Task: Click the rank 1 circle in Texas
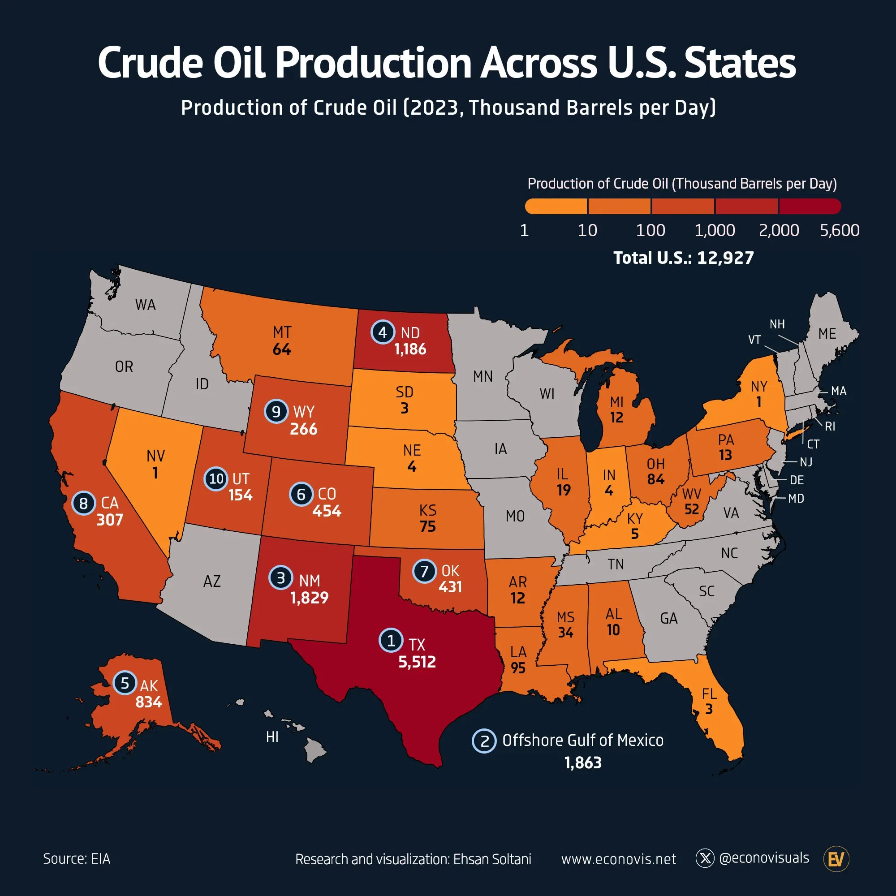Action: coord(391,641)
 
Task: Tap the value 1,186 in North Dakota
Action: coord(410,349)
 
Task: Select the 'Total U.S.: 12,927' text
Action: coord(683,258)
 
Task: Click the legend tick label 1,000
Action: coord(714,230)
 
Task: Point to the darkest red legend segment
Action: coord(809,207)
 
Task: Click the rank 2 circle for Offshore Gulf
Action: coord(484,741)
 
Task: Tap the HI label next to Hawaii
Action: coord(272,737)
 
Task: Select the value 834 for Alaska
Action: coord(148,702)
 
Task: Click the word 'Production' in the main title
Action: coord(374,63)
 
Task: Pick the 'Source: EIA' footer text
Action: coord(77,859)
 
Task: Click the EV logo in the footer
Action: coord(836,859)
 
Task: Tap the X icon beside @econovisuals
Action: coord(705,858)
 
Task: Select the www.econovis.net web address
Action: coord(618,859)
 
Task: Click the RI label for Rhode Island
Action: coord(830,426)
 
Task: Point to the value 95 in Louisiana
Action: coord(518,668)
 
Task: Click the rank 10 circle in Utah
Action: coord(216,478)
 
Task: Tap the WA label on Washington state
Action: coord(145,305)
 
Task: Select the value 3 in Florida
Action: coord(709,709)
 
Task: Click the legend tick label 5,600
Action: coord(839,230)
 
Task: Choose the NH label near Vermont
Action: coord(777,324)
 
